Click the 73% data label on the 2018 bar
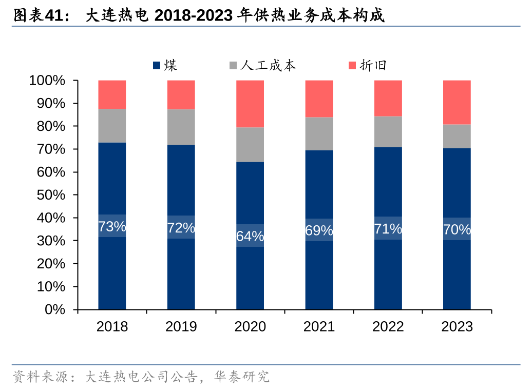[x=112, y=226]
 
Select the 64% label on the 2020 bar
[x=250, y=236]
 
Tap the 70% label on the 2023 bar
[x=457, y=229]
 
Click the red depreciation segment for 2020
[x=250, y=104]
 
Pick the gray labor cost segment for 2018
[x=112, y=126]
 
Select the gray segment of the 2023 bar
[x=457, y=136]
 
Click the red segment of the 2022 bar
[x=388, y=98]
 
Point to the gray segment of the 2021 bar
[x=319, y=133]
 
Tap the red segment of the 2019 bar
[x=181, y=95]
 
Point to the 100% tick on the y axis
[x=47, y=81]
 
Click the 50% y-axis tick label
[x=50, y=195]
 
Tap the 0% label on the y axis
[x=55, y=309]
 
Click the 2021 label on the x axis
[x=319, y=326]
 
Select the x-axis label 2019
[x=181, y=326]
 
